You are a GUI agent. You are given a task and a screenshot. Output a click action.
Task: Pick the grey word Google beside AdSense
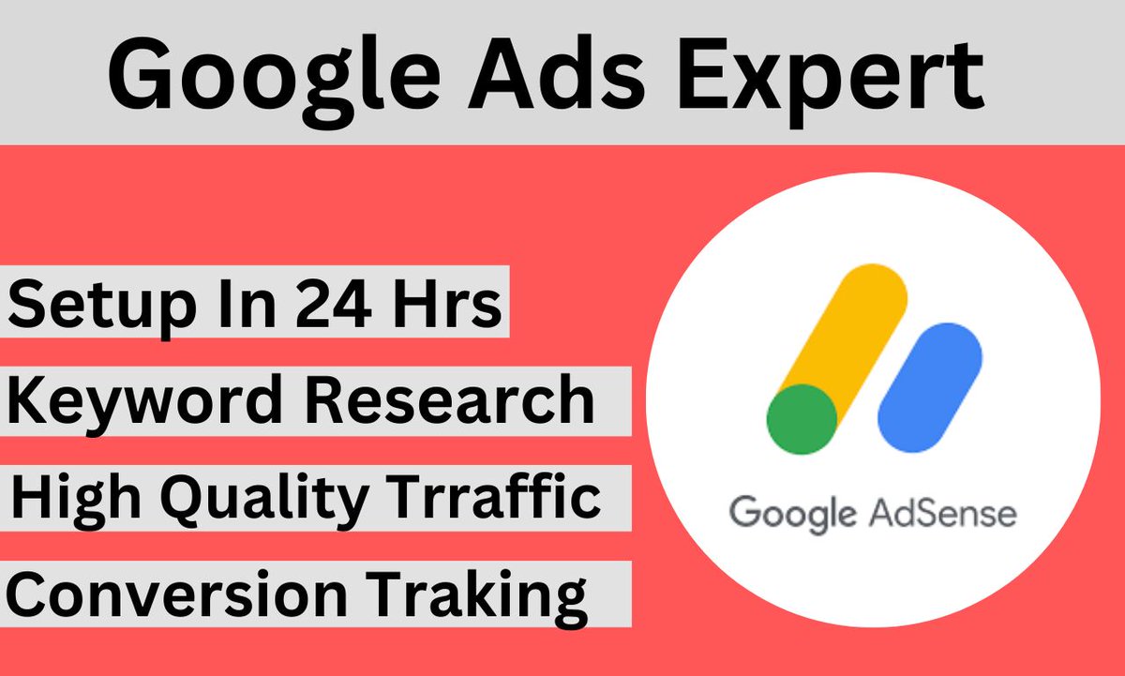(x=792, y=515)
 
